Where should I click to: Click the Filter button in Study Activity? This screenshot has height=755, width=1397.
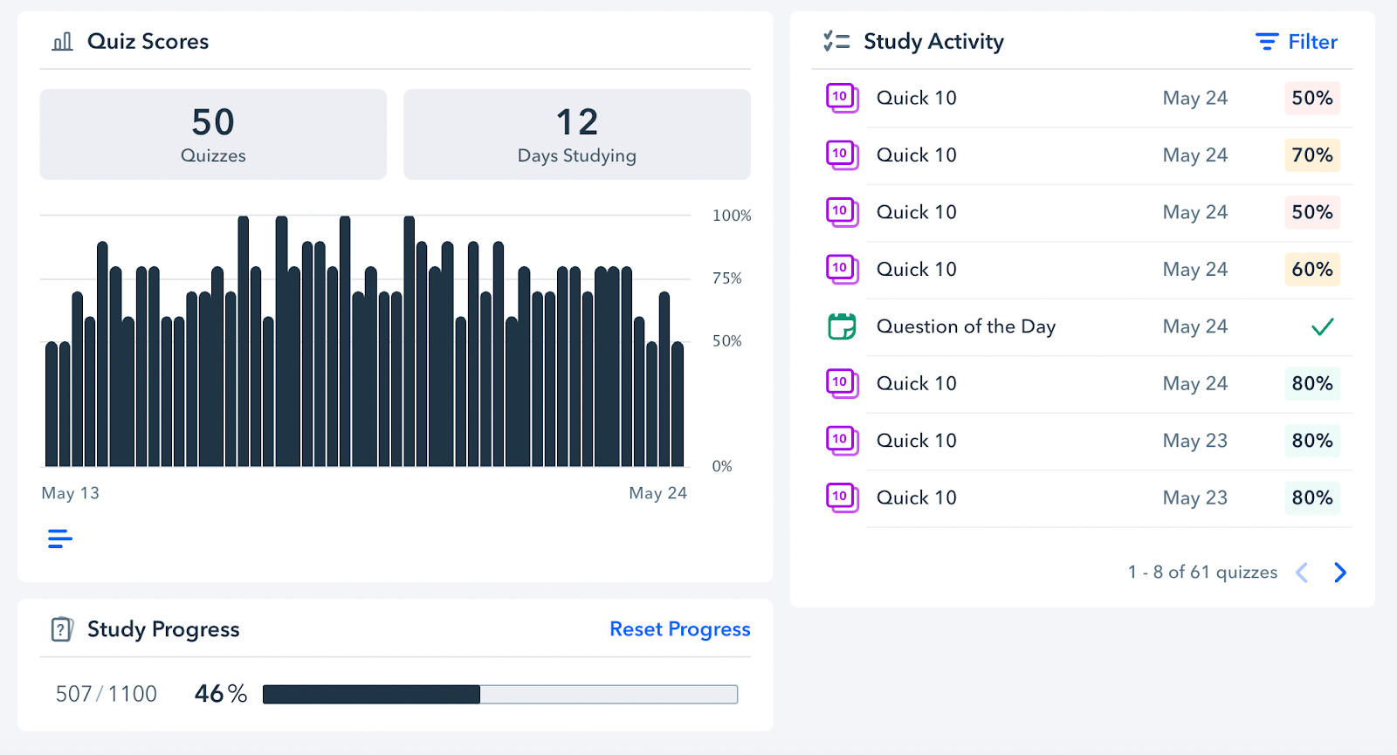[x=1297, y=42]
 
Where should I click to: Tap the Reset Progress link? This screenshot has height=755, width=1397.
[x=679, y=629]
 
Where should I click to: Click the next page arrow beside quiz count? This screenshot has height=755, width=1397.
[x=1340, y=573]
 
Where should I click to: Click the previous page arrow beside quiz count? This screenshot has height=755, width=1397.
[x=1302, y=573]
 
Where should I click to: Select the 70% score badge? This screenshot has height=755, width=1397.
[x=1311, y=155]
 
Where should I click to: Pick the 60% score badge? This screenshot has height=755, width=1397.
[x=1311, y=270]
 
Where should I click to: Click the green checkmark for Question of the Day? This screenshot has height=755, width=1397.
[x=1322, y=327]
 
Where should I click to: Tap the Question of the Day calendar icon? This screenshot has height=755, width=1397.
[x=842, y=326]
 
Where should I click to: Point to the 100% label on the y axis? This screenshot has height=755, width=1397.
[x=731, y=216]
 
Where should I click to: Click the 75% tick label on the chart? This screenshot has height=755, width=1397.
[x=726, y=278]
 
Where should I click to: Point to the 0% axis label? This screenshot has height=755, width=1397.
[x=722, y=466]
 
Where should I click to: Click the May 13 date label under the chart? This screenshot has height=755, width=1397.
[x=71, y=493]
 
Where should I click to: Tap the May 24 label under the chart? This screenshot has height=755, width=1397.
[x=657, y=493]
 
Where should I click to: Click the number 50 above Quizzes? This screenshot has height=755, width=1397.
[x=213, y=122]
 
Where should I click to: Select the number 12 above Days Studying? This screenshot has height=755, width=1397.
[x=577, y=122]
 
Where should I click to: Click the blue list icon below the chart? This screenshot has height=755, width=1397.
[x=60, y=539]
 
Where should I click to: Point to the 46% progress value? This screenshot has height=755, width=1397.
[x=221, y=694]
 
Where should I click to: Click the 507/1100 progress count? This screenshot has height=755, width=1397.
[x=107, y=694]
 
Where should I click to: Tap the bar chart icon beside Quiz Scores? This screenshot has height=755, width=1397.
[x=62, y=42]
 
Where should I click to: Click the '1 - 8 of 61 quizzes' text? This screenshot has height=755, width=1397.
[x=1202, y=573]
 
